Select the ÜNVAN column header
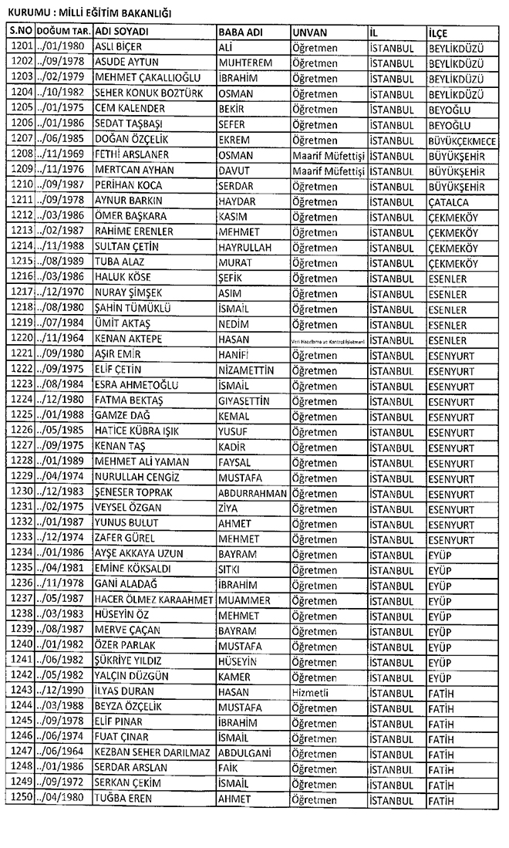[x=310, y=32]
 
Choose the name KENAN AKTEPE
[x=128, y=340]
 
